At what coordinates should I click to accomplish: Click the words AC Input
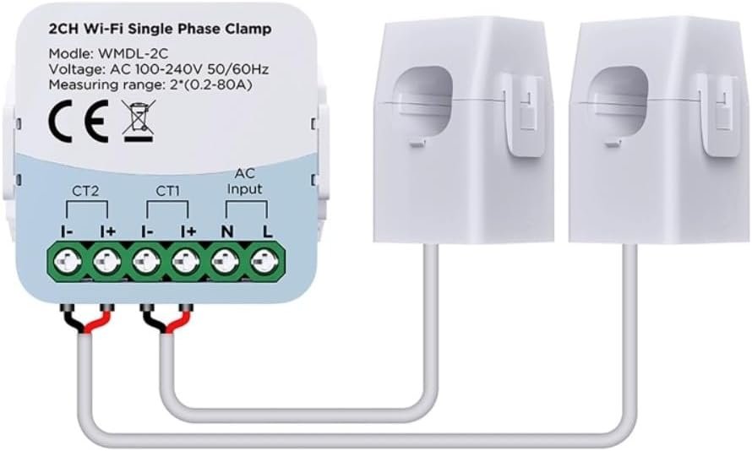click(246, 181)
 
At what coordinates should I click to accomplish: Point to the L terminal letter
click(266, 230)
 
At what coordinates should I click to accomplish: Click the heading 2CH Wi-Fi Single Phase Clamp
click(160, 29)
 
